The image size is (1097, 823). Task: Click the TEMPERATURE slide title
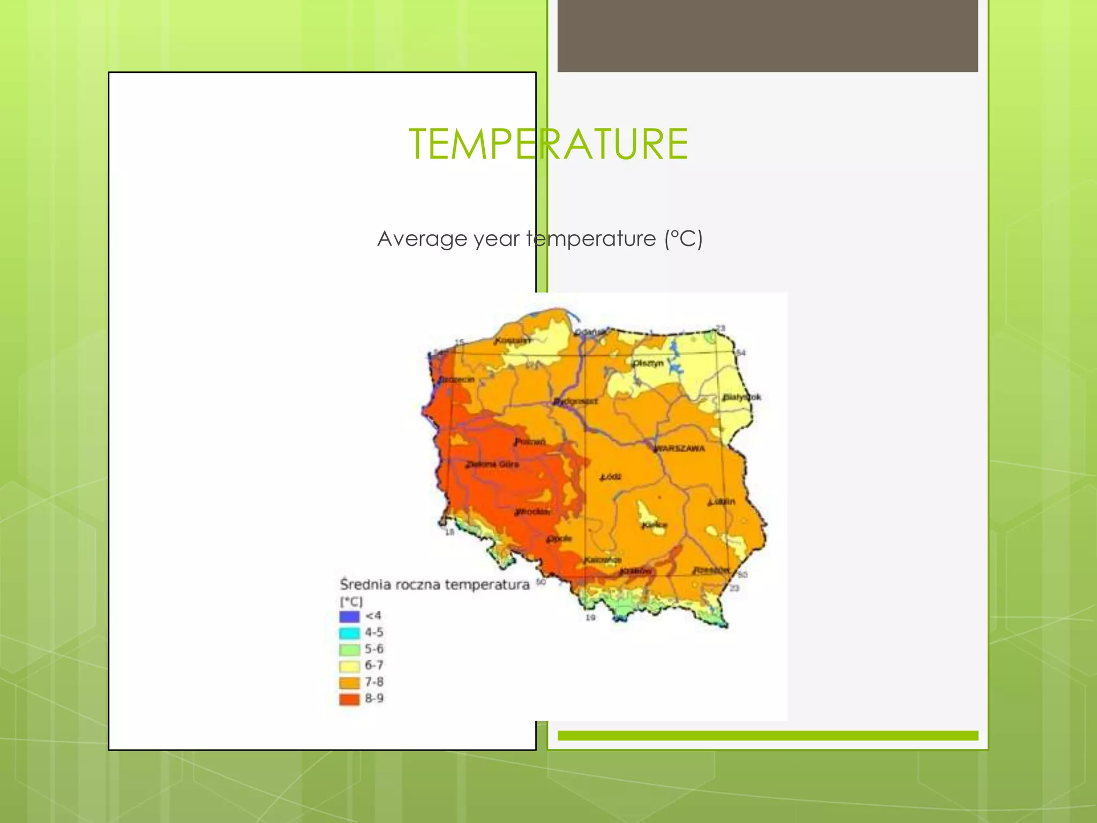click(548, 144)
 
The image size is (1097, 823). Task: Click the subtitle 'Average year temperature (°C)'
click(539, 238)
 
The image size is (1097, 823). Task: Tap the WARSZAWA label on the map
click(680, 448)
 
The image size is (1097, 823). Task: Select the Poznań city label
click(530, 442)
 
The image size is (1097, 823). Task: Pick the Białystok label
click(741, 397)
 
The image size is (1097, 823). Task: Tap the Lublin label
click(722, 502)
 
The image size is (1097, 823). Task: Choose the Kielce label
click(655, 525)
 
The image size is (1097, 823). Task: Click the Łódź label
click(610, 476)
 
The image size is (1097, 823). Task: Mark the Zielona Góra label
click(492, 464)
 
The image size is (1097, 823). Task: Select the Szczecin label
click(457, 379)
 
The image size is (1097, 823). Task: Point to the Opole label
click(559, 538)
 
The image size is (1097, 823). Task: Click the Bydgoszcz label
click(575, 401)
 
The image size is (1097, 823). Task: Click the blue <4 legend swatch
click(349, 616)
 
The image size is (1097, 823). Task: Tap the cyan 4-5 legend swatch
click(349, 633)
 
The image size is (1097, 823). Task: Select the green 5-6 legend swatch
click(349, 649)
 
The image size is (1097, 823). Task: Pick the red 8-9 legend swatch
click(349, 699)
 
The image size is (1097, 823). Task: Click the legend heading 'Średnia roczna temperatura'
click(434, 584)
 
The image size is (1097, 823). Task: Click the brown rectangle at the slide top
click(767, 36)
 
